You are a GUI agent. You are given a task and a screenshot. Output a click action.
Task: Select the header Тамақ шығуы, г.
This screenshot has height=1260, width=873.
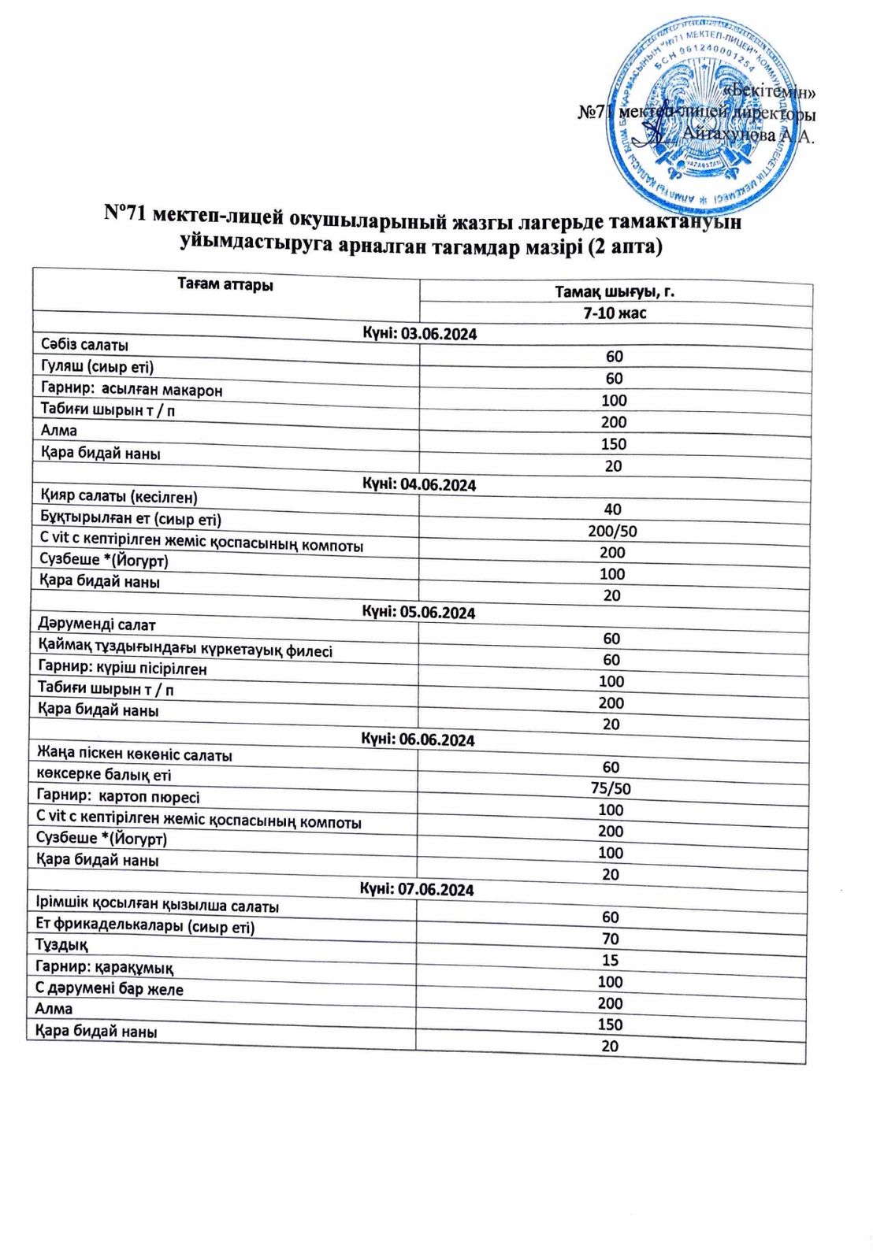click(x=615, y=292)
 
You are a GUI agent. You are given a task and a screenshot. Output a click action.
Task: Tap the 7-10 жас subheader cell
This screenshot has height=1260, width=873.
click(x=614, y=313)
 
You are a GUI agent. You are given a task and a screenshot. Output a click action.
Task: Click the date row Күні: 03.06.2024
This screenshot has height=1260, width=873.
click(x=419, y=334)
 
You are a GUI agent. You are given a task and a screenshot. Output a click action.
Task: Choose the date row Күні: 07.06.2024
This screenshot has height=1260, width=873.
click(x=417, y=889)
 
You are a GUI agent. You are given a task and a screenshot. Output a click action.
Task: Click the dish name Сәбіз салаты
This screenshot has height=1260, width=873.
click(x=84, y=344)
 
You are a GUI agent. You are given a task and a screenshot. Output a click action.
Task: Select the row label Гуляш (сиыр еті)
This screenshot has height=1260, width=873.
click(x=97, y=366)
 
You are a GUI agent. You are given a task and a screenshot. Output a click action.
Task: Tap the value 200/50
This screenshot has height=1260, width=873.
click(x=612, y=531)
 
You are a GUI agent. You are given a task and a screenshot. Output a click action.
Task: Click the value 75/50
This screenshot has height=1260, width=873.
click(x=611, y=788)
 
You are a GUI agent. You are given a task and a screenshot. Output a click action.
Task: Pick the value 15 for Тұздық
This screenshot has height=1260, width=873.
click(x=610, y=960)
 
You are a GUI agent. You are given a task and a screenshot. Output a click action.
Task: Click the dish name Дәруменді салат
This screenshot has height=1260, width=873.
click(x=97, y=624)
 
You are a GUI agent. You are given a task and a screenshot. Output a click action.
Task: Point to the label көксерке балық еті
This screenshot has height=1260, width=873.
click(x=103, y=775)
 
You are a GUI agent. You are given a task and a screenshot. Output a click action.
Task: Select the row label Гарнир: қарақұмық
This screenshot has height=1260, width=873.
click(x=105, y=967)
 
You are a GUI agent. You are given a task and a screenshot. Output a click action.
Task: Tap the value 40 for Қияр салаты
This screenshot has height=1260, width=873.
click(x=612, y=509)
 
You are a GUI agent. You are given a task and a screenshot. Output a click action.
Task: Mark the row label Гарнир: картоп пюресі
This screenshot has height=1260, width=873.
click(x=118, y=796)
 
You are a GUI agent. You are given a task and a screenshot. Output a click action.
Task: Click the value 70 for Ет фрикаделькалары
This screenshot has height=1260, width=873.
click(x=610, y=939)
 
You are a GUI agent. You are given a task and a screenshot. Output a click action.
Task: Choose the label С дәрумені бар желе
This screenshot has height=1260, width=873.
click(x=110, y=988)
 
